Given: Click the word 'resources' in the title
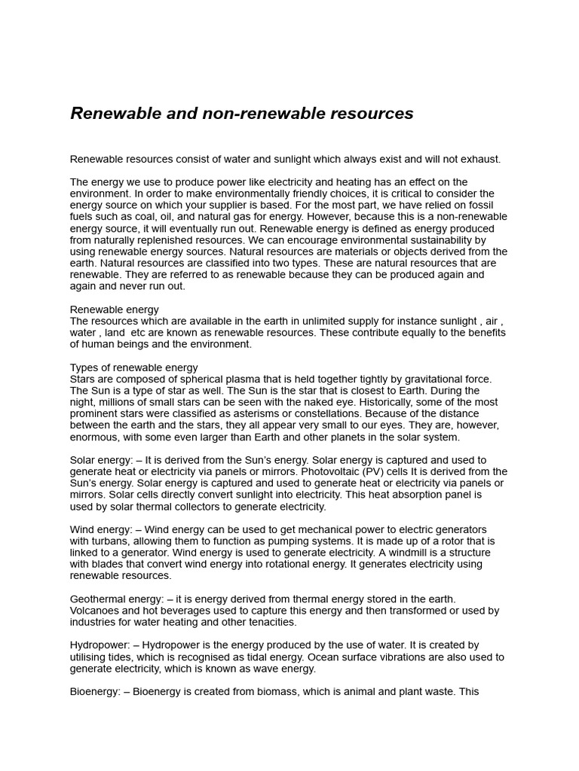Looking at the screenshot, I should [x=373, y=114].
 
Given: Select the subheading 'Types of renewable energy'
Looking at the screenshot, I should [x=133, y=367].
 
